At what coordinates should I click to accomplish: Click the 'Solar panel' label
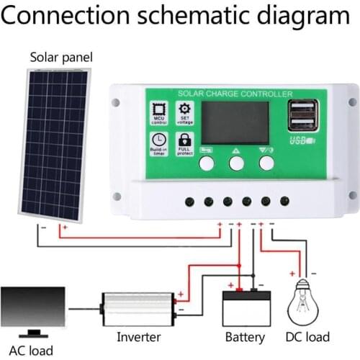tap(61, 58)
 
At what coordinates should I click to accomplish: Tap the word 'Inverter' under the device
tap(138, 336)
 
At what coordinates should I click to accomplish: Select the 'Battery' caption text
tap(245, 336)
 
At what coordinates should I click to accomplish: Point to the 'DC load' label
tap(308, 336)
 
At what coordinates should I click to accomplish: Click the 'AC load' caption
tap(32, 351)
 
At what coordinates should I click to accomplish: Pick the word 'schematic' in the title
tap(194, 16)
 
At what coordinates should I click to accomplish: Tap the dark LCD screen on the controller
tap(235, 122)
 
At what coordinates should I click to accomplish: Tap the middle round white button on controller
tap(236, 163)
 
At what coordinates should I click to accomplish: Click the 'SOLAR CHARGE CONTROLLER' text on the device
tap(235, 94)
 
